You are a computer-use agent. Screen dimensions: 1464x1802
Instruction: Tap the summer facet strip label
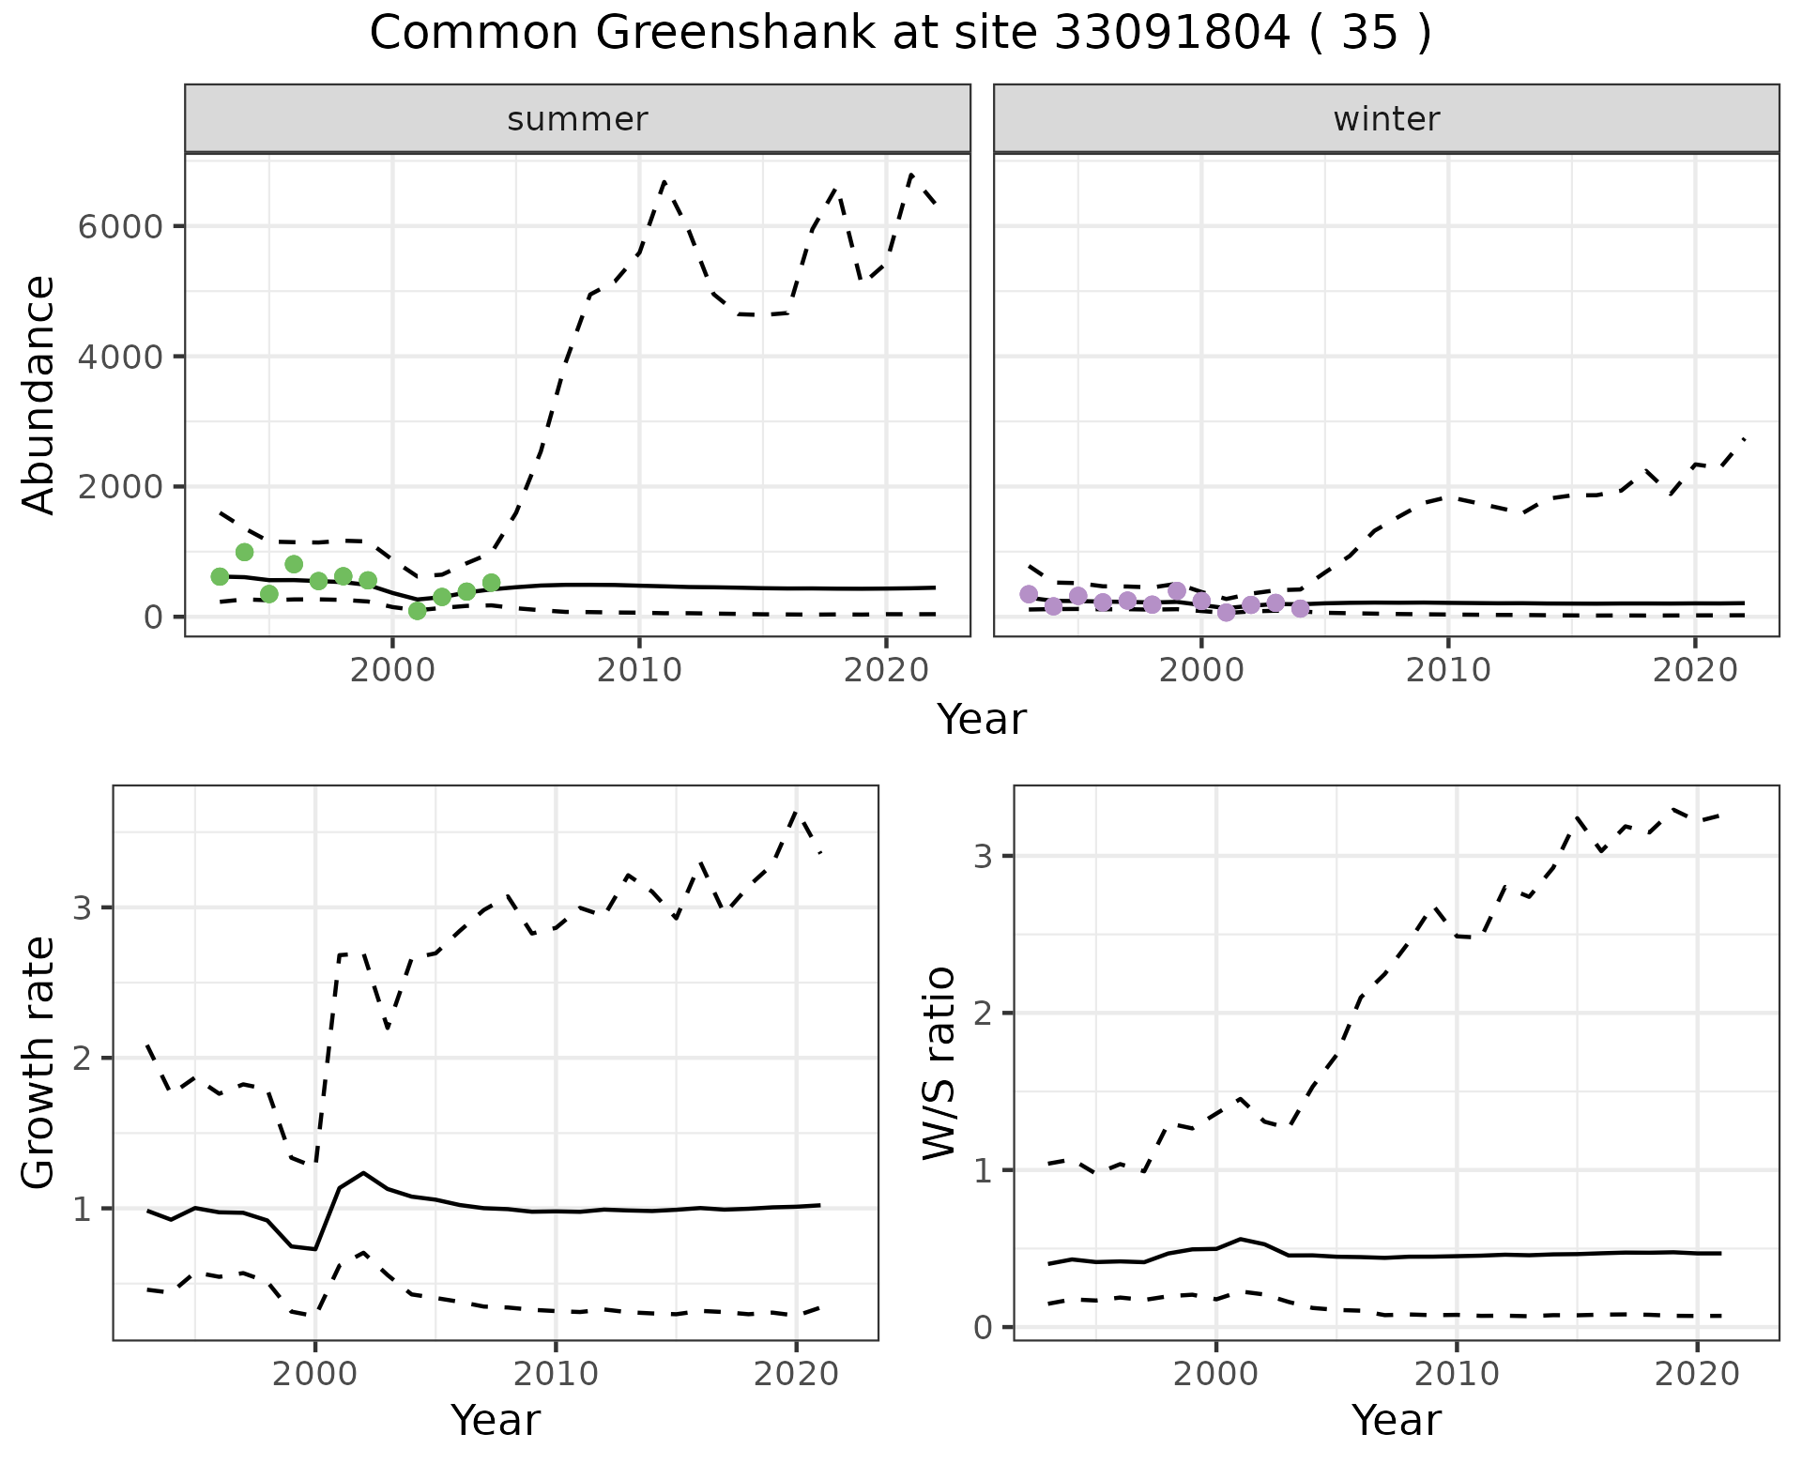(577, 119)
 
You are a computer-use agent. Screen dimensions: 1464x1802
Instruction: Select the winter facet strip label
(1386, 119)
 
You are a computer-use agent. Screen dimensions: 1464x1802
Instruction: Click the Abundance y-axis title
(39, 394)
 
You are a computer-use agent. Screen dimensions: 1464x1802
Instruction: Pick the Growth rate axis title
(39, 1062)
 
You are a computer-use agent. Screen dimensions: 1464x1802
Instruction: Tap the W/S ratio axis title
(939, 1062)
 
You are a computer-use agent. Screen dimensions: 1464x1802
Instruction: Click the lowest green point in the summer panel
(418, 611)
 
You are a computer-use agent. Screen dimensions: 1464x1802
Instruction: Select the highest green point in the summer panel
(245, 552)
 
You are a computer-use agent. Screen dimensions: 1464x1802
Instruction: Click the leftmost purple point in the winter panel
(1029, 594)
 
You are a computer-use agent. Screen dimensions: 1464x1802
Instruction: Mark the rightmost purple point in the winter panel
(1300, 609)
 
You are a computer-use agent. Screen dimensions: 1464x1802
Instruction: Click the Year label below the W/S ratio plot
(1396, 1420)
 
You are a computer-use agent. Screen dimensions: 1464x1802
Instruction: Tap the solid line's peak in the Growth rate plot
(363, 1172)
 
